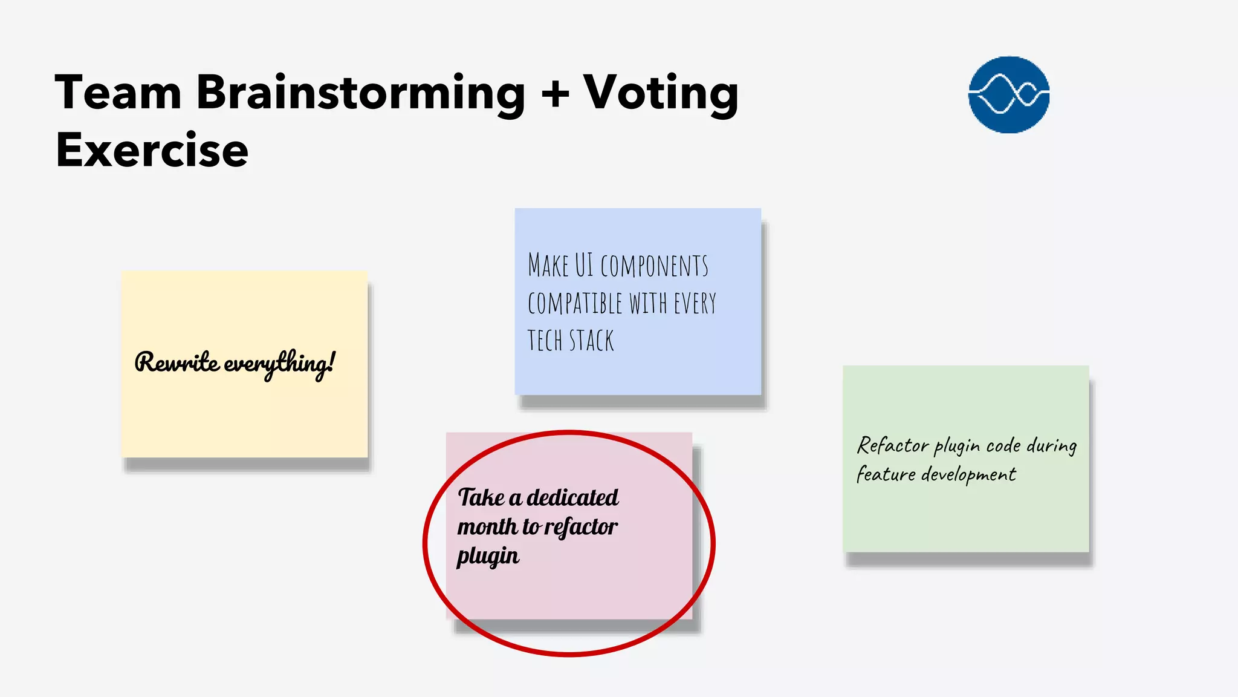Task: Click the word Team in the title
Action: [x=118, y=93]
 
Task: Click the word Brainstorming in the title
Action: [x=361, y=93]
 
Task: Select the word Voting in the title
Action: [x=661, y=93]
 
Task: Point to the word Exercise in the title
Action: [x=152, y=150]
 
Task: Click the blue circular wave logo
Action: [x=1008, y=94]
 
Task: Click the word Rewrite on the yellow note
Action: [x=177, y=362]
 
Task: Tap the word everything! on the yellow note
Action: [x=279, y=364]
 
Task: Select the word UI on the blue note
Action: [x=584, y=265]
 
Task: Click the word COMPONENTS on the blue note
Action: [x=654, y=266]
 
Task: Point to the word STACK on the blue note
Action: [x=591, y=341]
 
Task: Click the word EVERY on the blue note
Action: [x=695, y=303]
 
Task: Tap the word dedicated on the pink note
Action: [x=572, y=497]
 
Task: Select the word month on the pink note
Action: [x=487, y=527]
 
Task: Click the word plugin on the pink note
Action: [x=488, y=556]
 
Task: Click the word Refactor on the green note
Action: [x=893, y=446]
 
